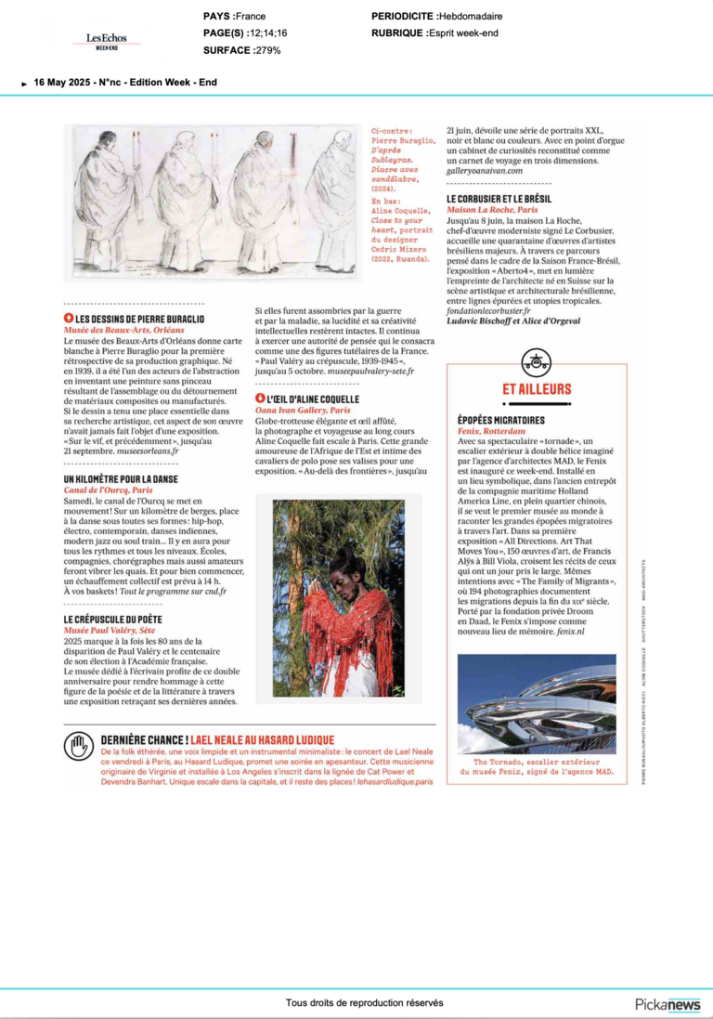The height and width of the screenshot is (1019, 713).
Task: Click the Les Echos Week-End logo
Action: coord(106,40)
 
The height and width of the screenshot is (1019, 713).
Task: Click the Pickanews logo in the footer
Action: coord(668,1004)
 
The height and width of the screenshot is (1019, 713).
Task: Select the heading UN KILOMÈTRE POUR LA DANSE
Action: coord(121,478)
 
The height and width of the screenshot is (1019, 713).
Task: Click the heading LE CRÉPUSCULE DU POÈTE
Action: coord(113,618)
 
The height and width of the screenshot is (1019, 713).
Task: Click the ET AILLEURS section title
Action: coord(536,389)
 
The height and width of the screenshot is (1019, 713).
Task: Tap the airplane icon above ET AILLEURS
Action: coord(536,361)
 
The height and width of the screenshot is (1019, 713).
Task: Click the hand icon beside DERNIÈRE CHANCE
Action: coord(79,746)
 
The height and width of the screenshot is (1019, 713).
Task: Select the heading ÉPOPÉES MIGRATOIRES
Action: coord(500,421)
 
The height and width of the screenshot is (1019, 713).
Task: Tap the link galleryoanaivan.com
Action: coord(485,170)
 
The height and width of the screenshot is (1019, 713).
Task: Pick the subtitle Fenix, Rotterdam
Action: coord(492,431)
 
